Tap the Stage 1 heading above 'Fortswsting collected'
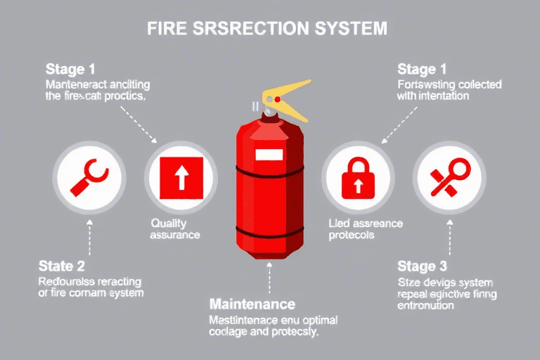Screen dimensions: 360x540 (421, 70)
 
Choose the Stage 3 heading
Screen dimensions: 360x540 (422, 266)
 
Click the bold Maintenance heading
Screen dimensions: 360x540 (252, 304)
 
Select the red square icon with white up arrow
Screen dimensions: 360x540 (181, 176)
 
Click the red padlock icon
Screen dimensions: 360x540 (358, 176)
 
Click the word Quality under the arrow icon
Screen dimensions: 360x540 (169, 222)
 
